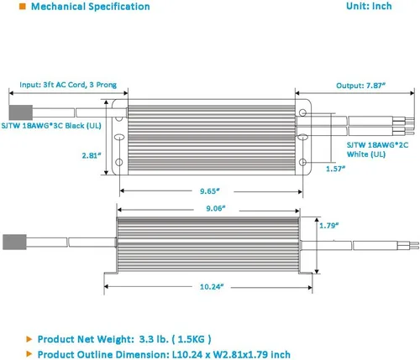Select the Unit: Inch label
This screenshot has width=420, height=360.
click(x=369, y=7)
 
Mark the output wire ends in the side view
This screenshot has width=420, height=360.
click(x=403, y=246)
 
